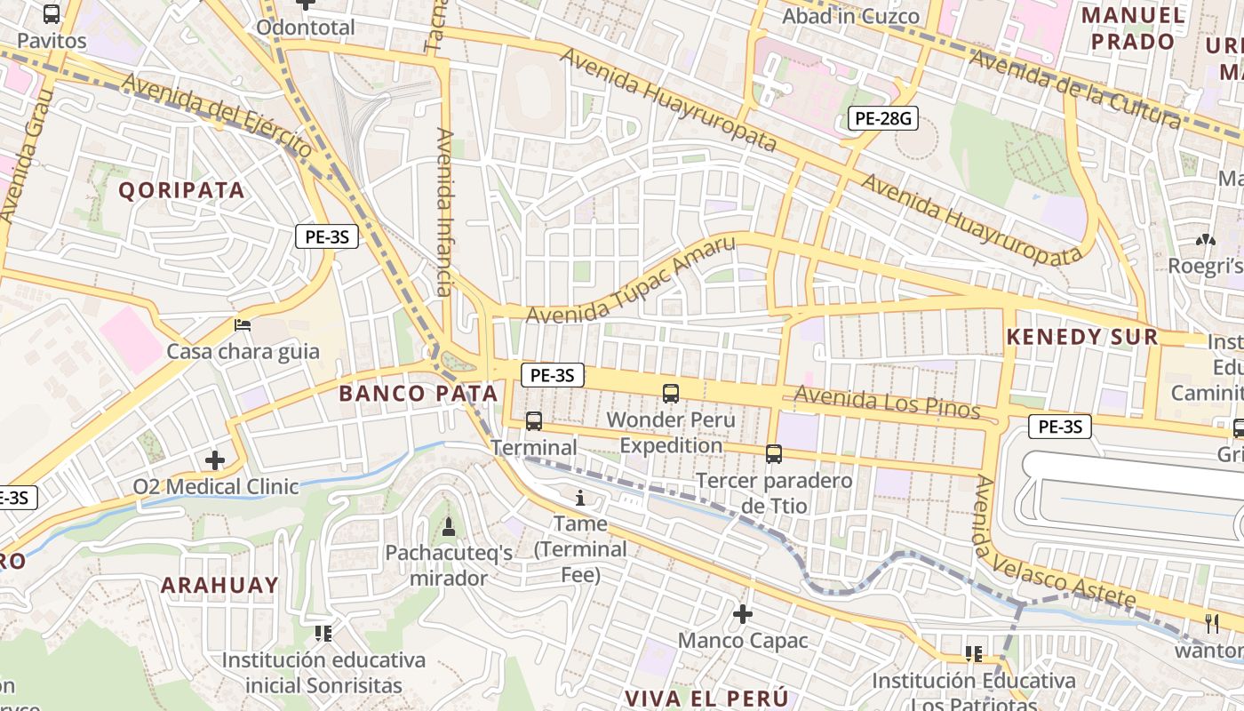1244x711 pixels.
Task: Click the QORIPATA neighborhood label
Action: tap(181, 190)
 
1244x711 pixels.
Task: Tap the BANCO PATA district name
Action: tap(419, 394)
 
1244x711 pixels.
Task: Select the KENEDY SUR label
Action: tap(1082, 337)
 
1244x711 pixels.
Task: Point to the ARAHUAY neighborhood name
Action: tap(219, 585)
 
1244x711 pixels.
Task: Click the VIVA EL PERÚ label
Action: tap(706, 697)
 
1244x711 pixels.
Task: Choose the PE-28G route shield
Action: tap(881, 117)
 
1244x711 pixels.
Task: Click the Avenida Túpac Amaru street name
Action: tap(631, 281)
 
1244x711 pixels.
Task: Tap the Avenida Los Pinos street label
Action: tap(887, 403)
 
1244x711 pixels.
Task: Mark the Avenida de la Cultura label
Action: tap(1075, 89)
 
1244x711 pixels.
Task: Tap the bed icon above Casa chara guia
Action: tap(242, 325)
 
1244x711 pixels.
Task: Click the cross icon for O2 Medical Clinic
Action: tap(214, 460)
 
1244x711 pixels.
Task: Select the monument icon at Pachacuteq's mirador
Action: tap(448, 527)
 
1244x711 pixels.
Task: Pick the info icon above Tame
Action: tap(580, 498)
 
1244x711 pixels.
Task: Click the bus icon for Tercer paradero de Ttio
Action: tap(773, 454)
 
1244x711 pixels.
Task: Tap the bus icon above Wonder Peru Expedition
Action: tap(670, 393)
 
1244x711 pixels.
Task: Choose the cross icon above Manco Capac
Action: tap(742, 613)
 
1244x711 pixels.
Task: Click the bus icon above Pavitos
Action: tap(52, 14)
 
